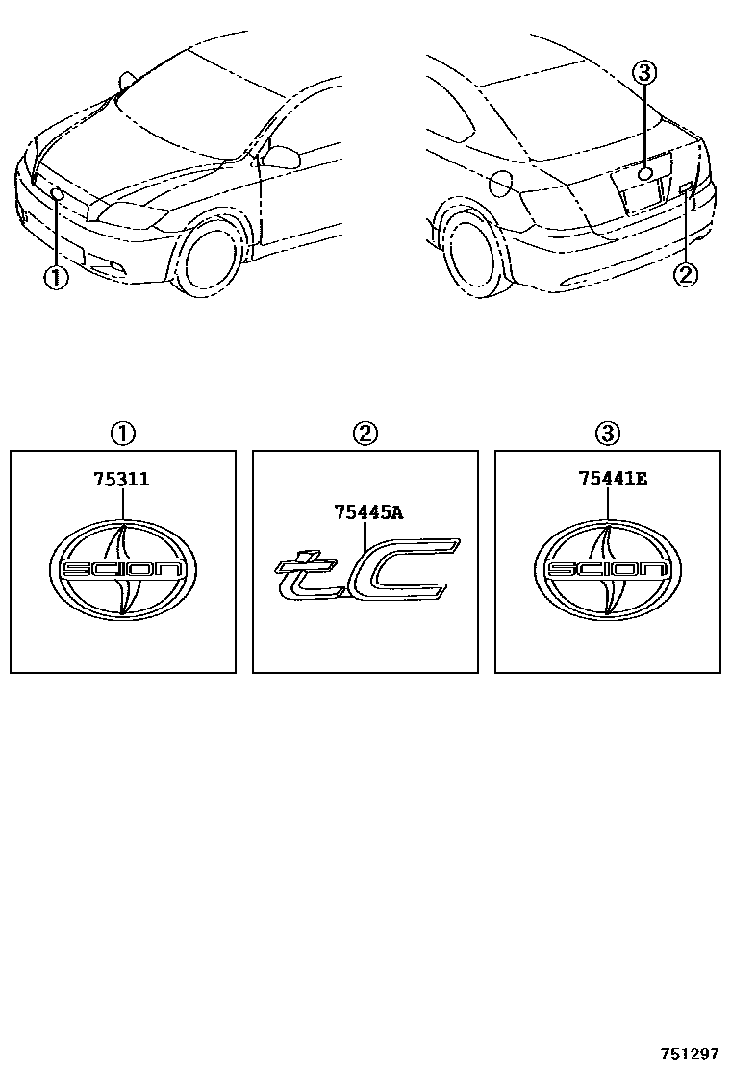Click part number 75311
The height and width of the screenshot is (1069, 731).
pyautogui.click(x=121, y=480)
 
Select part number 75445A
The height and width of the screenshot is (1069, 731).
pyautogui.click(x=368, y=512)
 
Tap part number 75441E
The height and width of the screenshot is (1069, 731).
pyautogui.click(x=613, y=479)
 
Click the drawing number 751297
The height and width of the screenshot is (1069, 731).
pyautogui.click(x=689, y=1054)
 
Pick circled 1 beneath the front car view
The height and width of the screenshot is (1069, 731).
pyautogui.click(x=56, y=278)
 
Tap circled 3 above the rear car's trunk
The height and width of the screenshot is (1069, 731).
pyautogui.click(x=644, y=71)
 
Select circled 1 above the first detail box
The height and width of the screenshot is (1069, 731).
pyautogui.click(x=123, y=434)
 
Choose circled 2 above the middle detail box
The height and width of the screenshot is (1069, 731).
pyautogui.click(x=365, y=434)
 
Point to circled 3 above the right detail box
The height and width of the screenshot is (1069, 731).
pyautogui.click(x=607, y=434)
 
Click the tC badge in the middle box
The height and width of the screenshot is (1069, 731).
pyautogui.click(x=366, y=569)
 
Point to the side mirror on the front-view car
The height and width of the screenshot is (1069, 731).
pyautogui.click(x=280, y=156)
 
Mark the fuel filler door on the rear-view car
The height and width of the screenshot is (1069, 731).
pyautogui.click(x=502, y=182)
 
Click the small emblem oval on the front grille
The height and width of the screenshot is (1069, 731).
pyautogui.click(x=58, y=194)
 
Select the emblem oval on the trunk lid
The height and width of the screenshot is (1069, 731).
pyautogui.click(x=645, y=173)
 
